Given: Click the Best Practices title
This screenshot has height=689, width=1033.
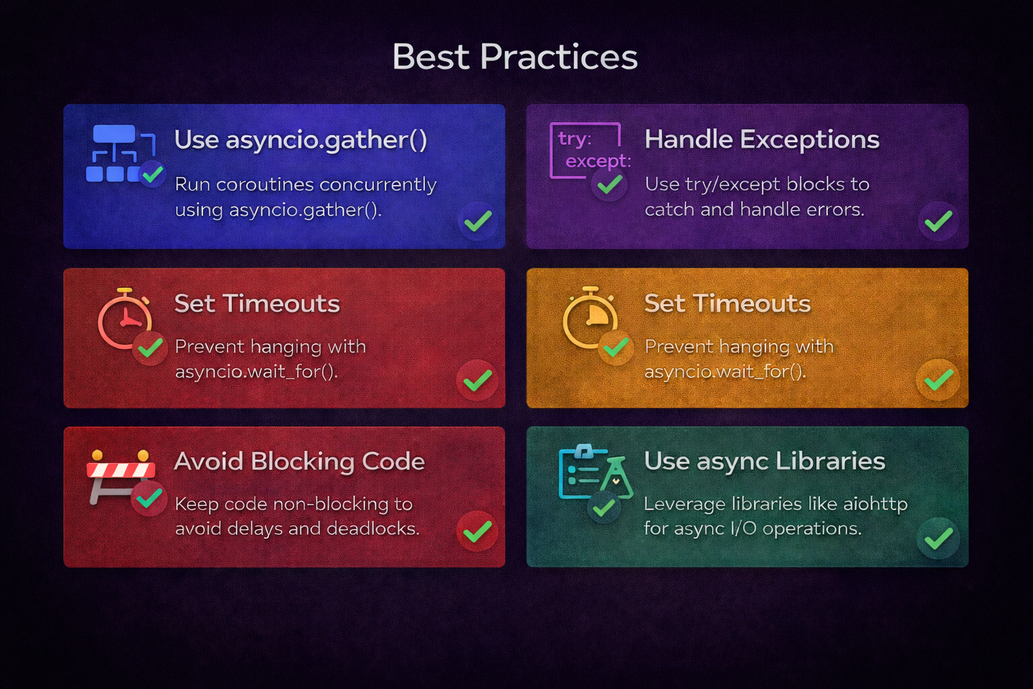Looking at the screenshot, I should [x=514, y=57].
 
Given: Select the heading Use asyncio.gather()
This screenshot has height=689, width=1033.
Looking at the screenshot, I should [x=301, y=140].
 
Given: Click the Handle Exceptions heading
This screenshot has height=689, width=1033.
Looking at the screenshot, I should [x=761, y=139].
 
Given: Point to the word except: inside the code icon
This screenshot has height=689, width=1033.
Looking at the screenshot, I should [x=598, y=161].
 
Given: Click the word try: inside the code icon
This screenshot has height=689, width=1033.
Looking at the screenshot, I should [x=574, y=139].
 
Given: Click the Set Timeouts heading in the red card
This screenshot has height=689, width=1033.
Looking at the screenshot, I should [x=257, y=303].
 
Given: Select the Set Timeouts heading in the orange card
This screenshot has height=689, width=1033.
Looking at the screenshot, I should [x=727, y=303].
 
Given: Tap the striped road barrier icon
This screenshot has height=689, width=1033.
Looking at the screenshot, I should [x=120, y=471].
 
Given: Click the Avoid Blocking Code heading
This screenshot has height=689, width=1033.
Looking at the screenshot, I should [x=299, y=462].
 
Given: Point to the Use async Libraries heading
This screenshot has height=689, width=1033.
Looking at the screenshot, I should [x=764, y=461].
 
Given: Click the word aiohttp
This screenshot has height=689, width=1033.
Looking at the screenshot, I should [x=876, y=504].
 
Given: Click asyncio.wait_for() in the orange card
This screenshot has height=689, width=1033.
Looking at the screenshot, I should [x=725, y=371].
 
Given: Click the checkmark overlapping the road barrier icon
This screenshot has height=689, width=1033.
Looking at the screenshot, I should [x=149, y=498].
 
